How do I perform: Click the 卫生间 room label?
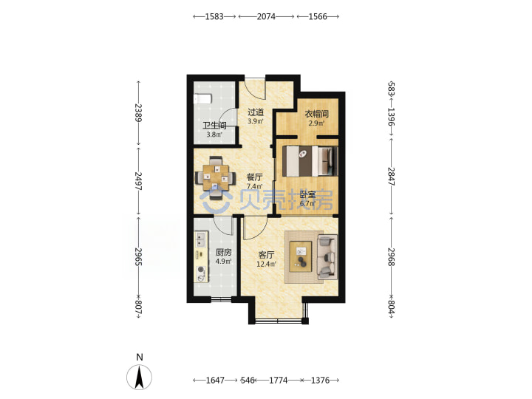214,125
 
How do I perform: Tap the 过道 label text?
256,112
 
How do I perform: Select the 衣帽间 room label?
316,114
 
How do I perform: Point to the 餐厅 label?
254,177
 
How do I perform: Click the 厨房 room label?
224,252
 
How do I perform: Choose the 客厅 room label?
266,255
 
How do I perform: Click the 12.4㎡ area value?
266,264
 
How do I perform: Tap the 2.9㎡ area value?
316,123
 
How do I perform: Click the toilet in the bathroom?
202,99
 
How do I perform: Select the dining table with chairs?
216,177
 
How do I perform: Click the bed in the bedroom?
310,161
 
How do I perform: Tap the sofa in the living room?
327,257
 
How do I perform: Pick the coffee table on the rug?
300,256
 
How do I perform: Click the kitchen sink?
200,239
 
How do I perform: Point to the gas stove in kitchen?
201,274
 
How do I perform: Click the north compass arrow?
139,377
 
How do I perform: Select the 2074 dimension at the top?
266,16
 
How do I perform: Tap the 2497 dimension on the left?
138,181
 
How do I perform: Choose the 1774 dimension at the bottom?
279,381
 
